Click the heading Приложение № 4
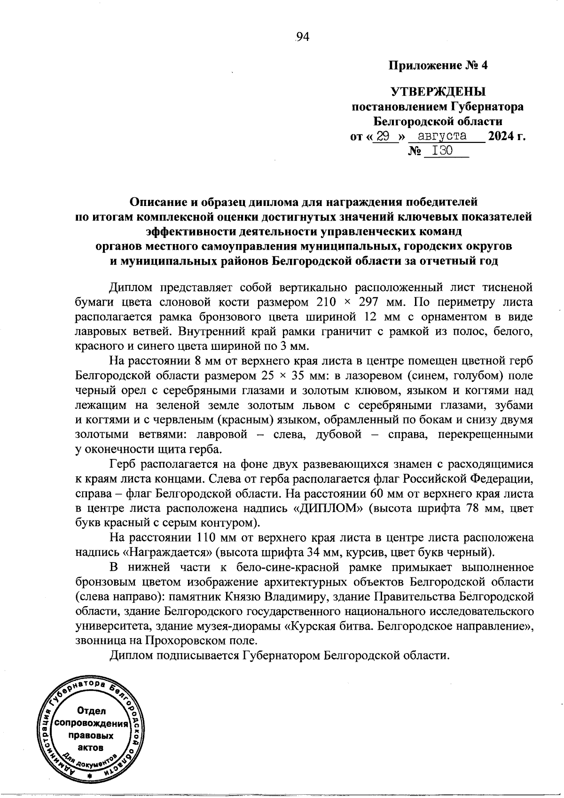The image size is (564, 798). (x=438, y=65)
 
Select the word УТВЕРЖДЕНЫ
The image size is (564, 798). (x=438, y=91)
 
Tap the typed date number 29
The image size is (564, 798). (x=384, y=137)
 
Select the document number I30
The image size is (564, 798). (x=442, y=151)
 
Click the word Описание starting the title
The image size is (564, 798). (x=158, y=202)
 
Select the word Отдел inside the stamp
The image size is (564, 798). (x=91, y=711)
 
